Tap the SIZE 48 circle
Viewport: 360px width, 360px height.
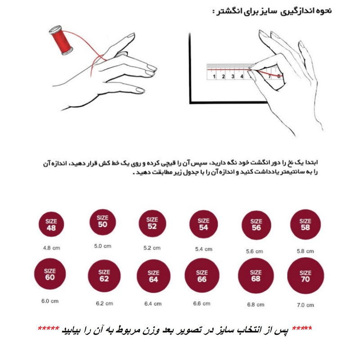[x=50, y=225]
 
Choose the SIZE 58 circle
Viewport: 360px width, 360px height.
[x=305, y=225]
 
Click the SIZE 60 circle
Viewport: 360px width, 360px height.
[x=49, y=274]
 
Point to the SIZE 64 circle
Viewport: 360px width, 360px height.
[x=153, y=276]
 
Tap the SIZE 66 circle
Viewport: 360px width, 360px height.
[x=202, y=276]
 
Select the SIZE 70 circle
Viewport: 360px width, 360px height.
[x=306, y=276]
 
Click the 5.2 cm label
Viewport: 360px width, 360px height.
[x=152, y=248]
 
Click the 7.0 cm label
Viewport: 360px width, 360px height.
[x=306, y=305]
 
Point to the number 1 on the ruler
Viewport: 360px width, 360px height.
[x=215, y=77]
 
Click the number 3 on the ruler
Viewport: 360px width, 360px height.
[x=233, y=77]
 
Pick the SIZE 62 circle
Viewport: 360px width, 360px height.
[x=104, y=276]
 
